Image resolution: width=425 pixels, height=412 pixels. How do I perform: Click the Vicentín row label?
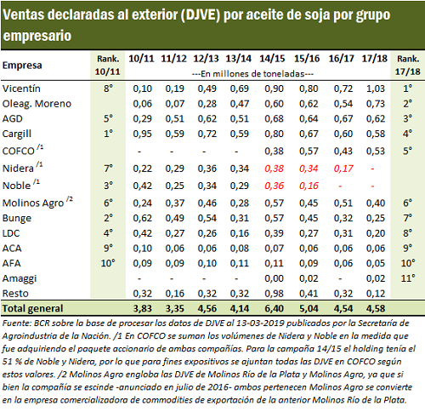coord(21,89)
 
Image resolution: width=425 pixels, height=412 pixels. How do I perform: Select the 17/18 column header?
coord(374,59)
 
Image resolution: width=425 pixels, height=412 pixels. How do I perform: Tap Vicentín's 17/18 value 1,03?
coord(376,89)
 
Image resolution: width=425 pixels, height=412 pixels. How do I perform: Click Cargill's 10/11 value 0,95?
coord(143,134)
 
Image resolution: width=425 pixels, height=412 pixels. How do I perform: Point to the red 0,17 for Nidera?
coord(343,169)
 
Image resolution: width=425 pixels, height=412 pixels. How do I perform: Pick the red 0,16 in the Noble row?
coord(309,186)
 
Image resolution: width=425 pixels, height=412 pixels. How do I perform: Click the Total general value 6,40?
coord(274,308)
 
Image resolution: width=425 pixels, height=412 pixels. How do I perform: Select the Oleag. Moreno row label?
coord(37,104)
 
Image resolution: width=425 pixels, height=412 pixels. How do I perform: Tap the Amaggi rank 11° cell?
coord(408,278)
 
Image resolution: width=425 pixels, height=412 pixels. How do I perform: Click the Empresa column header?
coord(22,66)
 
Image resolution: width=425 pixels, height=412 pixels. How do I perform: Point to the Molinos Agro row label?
coord(33,203)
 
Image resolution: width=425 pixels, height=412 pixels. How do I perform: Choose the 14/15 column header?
coord(272,59)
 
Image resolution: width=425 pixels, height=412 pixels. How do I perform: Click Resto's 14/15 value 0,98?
coord(274,294)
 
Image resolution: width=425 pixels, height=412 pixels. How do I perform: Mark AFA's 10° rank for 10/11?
coord(108,263)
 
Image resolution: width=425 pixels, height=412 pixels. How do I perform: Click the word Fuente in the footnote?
coord(16,323)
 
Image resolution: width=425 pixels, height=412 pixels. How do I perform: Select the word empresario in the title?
coord(37,36)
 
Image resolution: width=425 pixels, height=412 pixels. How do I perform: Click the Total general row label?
coord(32,308)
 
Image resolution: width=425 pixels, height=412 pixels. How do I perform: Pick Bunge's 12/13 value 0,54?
coord(207,218)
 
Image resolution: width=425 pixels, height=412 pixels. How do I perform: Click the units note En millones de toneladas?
coord(252,74)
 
